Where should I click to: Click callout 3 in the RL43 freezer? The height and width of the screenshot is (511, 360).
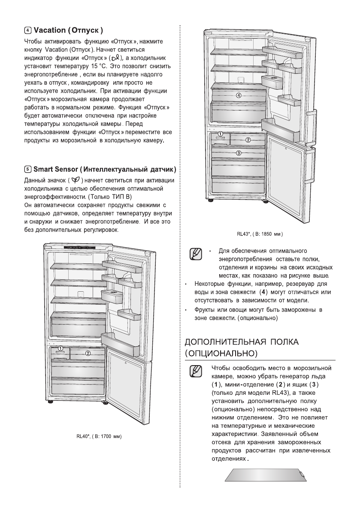coord(239,152)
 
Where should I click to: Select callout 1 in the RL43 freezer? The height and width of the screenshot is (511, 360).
coord(220,134)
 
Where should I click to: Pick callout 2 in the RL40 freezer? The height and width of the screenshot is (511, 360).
coord(88,353)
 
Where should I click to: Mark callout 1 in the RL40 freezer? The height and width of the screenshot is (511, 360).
coord(61,348)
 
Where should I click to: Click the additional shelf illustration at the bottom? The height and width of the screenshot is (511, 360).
coord(266,475)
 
